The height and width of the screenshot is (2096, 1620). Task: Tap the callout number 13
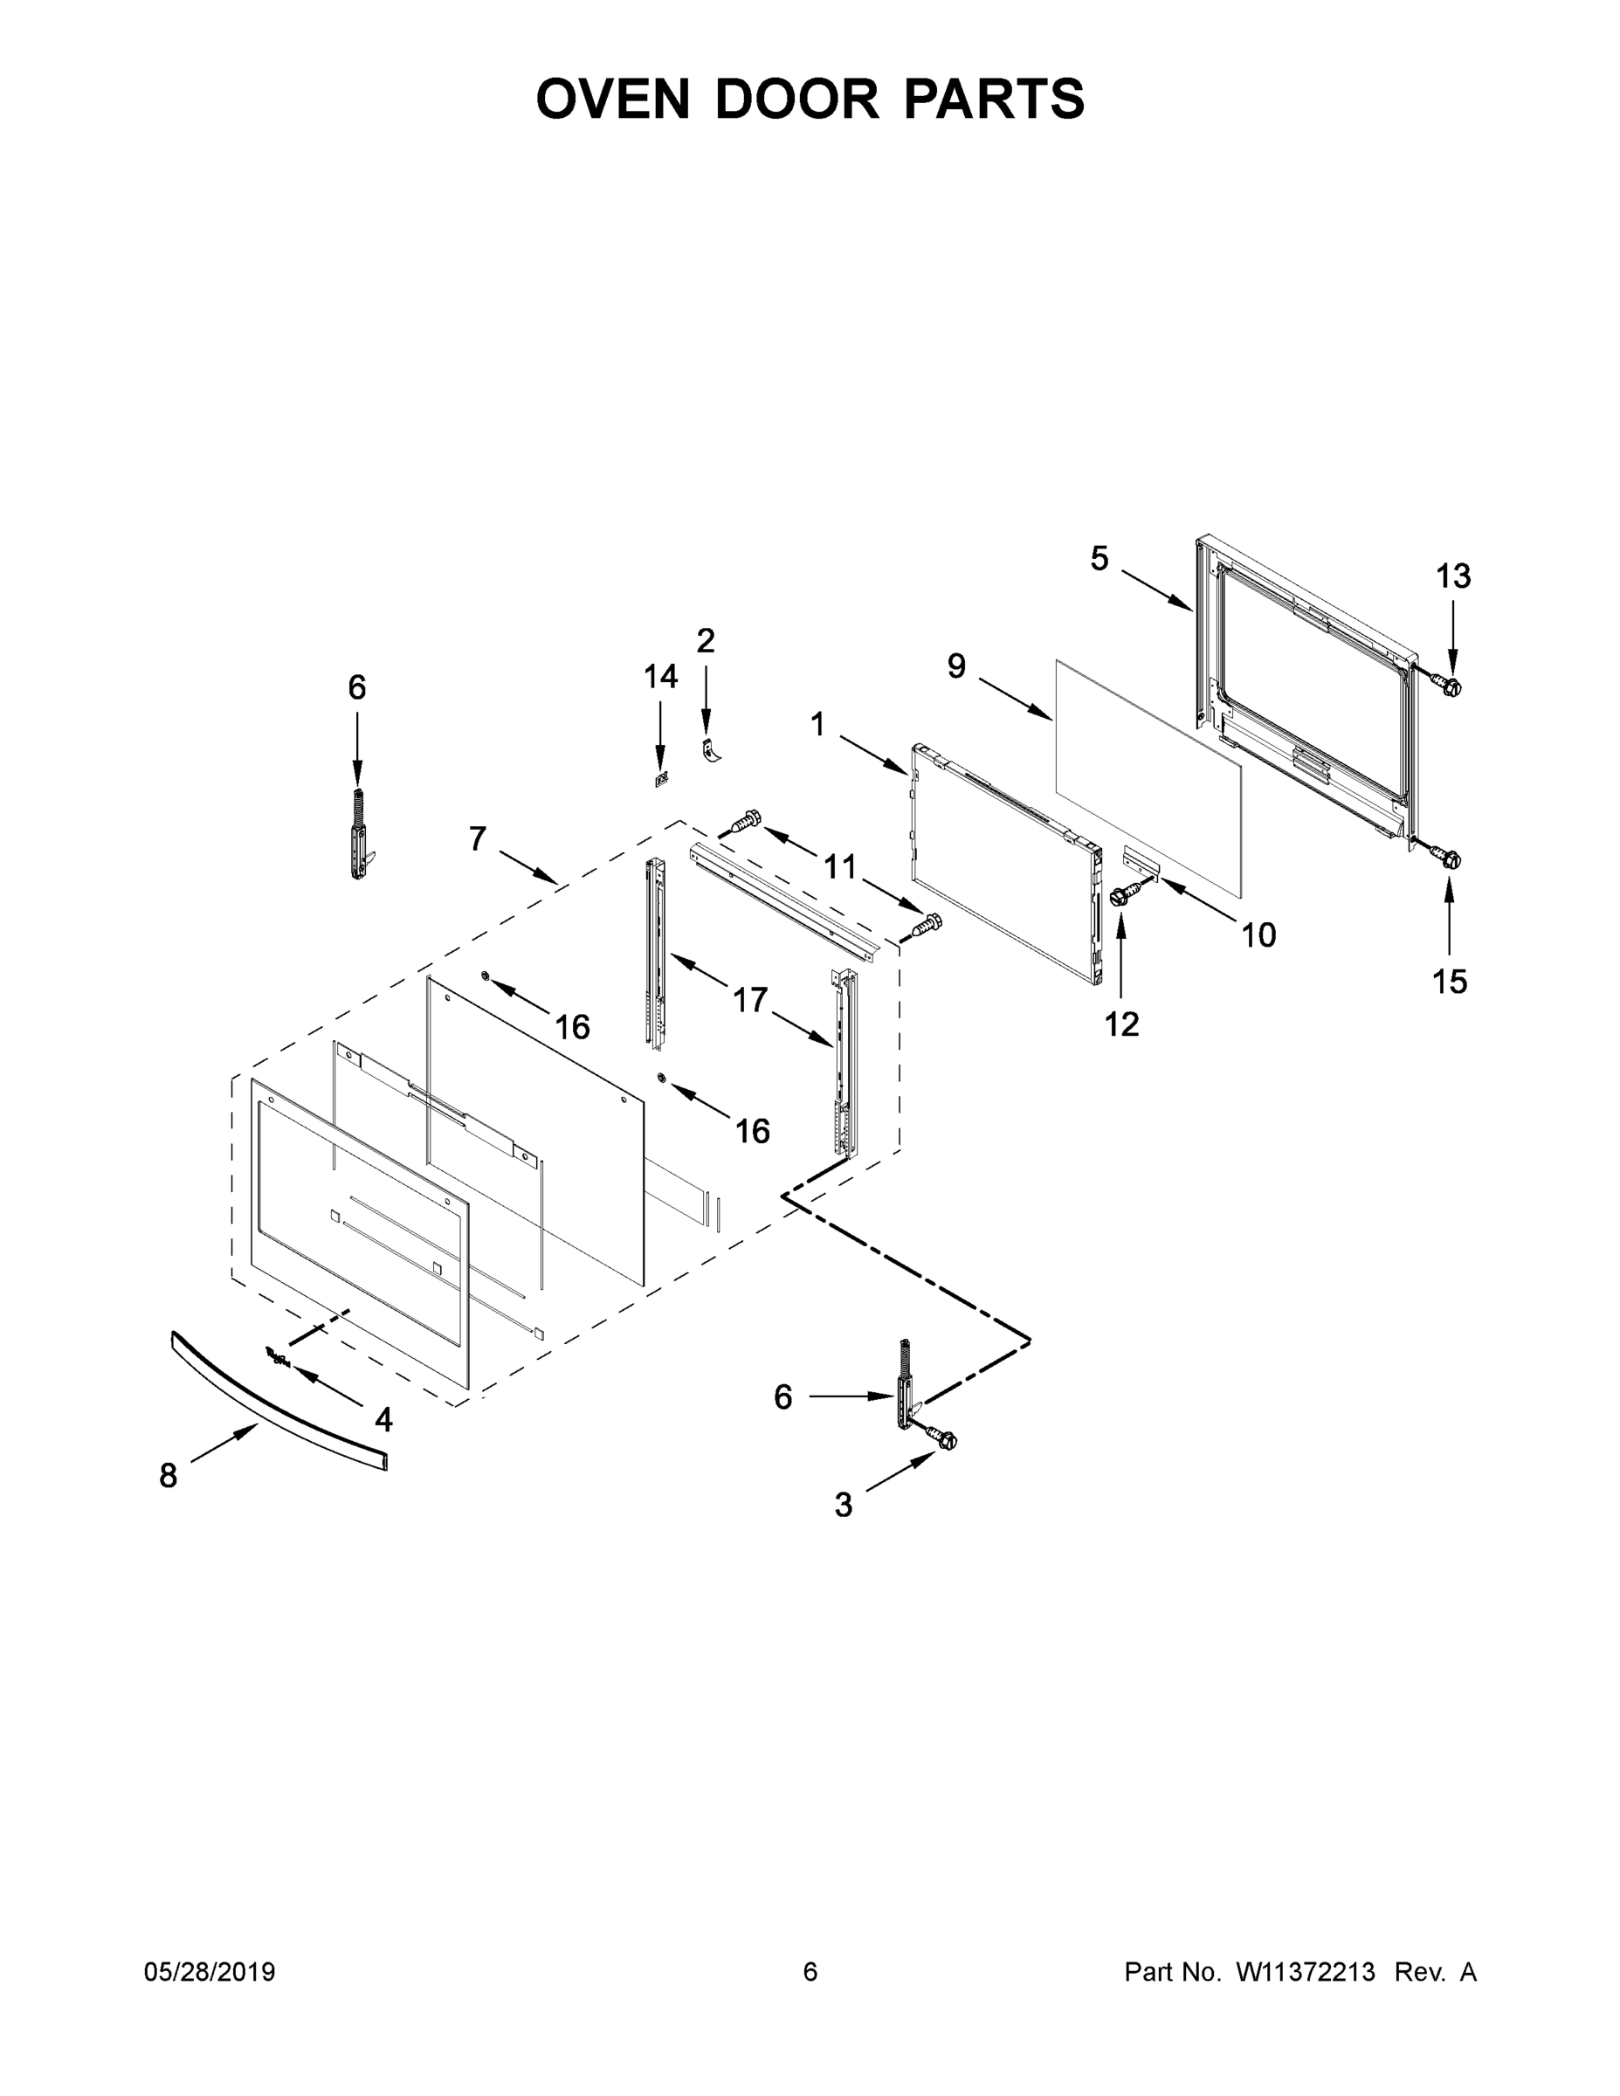pos(1453,576)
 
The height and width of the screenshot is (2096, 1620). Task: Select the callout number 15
pos(1450,982)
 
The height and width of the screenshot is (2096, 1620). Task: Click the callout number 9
pos(957,666)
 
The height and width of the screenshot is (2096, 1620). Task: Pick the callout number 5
pos(1100,559)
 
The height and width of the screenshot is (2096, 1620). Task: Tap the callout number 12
pos(1121,1025)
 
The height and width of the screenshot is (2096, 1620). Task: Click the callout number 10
pos(1259,934)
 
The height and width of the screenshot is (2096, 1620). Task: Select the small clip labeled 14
pos(660,779)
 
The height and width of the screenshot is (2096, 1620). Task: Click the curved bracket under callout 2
pos(711,748)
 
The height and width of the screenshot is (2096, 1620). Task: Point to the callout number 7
pos(478,838)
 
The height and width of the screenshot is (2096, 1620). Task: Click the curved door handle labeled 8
pos(279,1400)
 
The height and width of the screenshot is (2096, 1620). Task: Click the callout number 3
pos(843,1506)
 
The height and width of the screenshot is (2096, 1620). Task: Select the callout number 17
pos(750,1000)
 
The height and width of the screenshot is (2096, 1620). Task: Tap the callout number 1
pos(817,725)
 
